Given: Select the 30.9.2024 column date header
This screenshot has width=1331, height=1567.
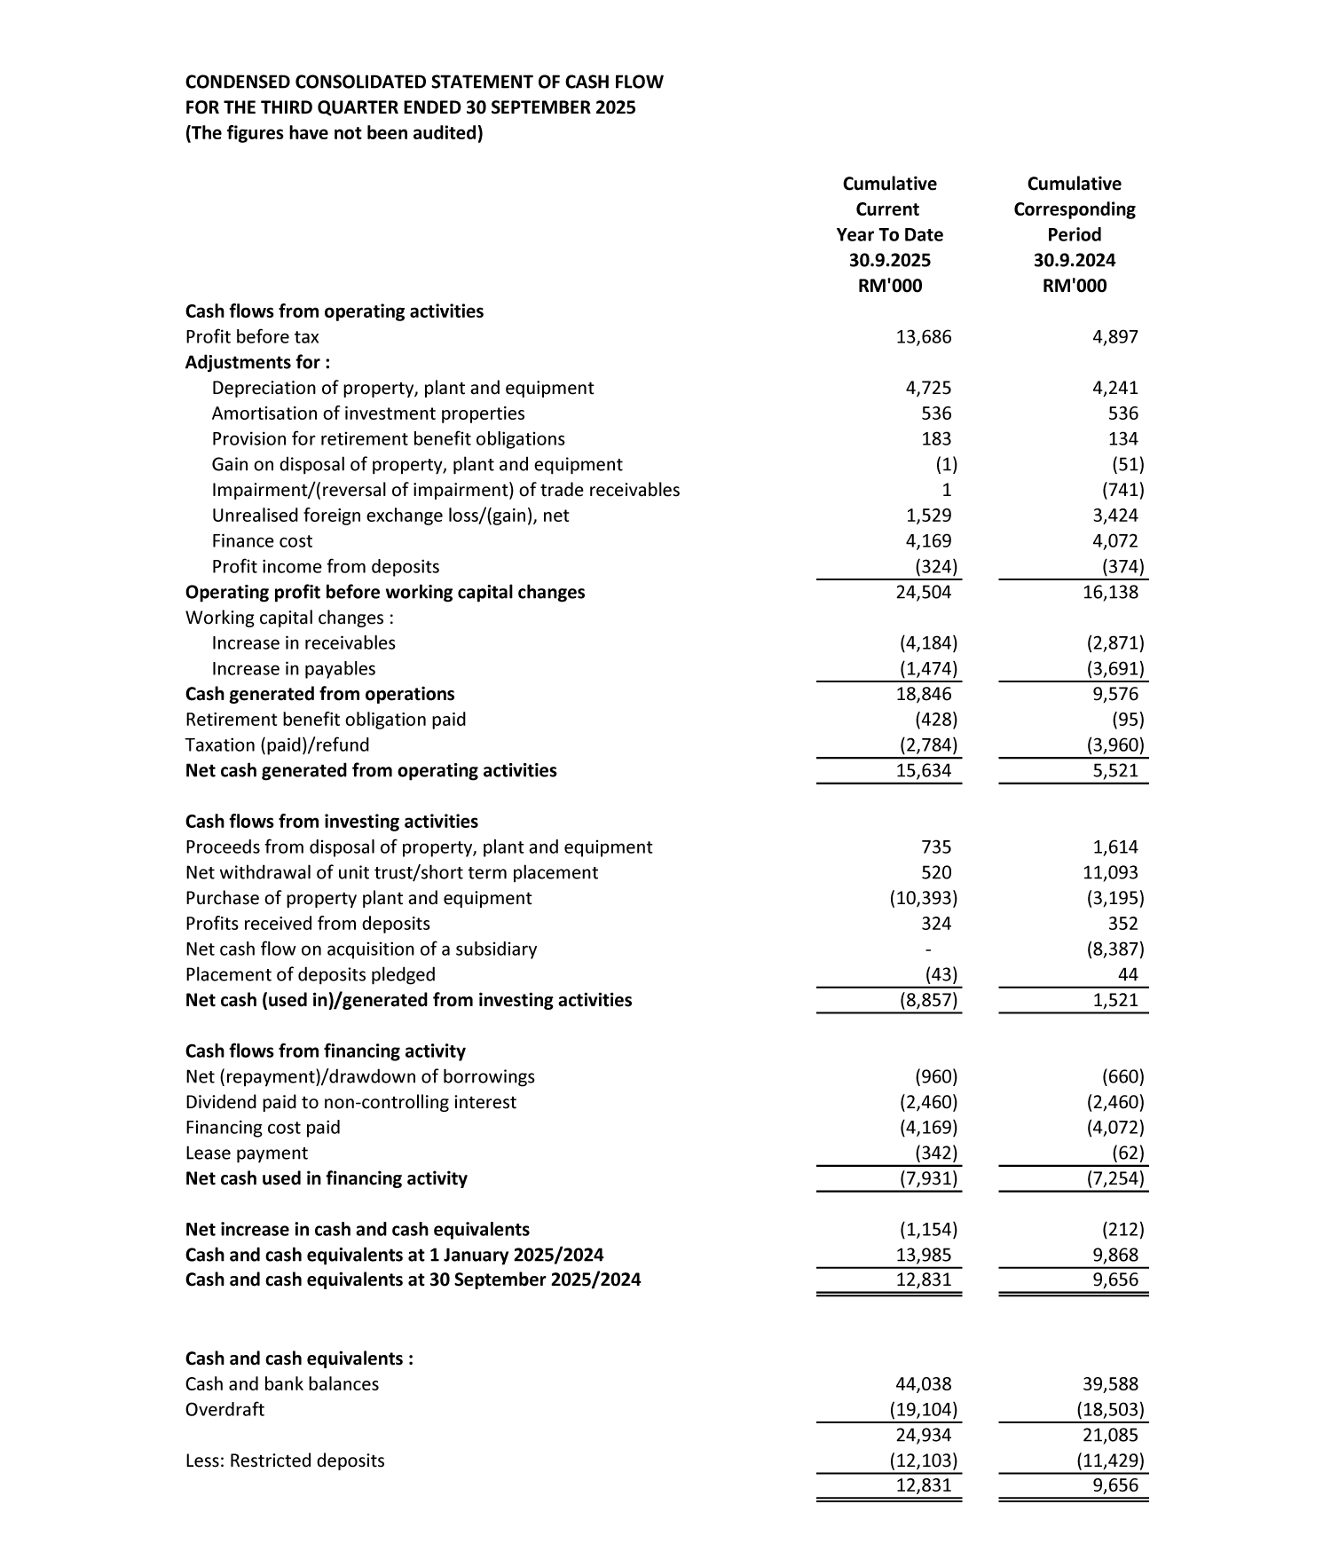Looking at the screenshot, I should click(x=1074, y=260).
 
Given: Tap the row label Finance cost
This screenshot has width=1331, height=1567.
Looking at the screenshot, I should click(x=262, y=541).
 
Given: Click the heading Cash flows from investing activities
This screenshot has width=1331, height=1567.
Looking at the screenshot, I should click(x=331, y=822).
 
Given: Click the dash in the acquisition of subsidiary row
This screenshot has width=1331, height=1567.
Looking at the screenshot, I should click(x=928, y=949).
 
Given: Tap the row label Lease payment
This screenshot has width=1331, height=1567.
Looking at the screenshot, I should click(x=246, y=1154).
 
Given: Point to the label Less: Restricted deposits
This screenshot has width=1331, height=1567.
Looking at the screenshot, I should click(x=285, y=1461).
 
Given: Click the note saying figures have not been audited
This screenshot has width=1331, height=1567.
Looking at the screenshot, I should click(x=334, y=134).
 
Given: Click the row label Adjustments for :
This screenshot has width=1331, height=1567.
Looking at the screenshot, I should click(x=257, y=363).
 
